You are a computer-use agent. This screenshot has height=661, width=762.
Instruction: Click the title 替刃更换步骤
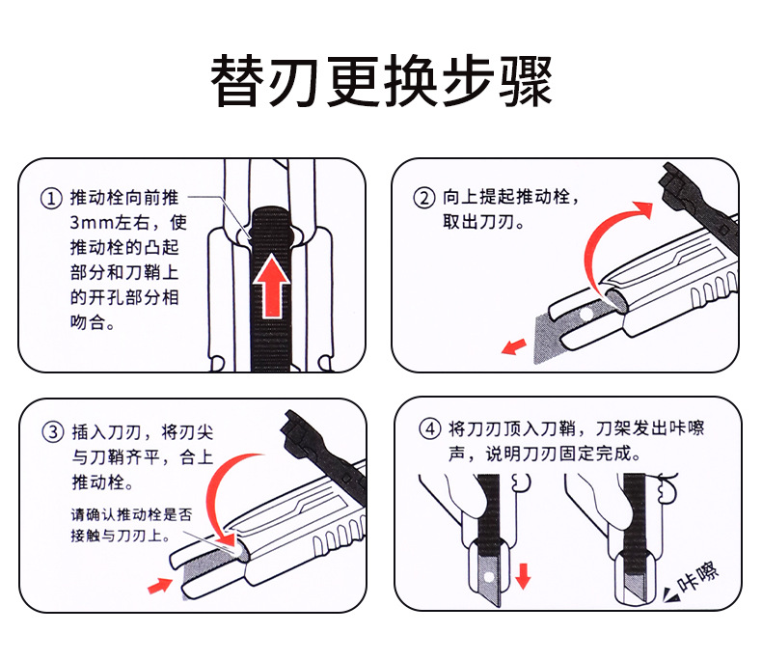click(381, 81)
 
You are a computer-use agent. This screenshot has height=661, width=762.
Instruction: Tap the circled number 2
click(424, 199)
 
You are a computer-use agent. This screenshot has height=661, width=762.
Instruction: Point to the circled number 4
click(429, 427)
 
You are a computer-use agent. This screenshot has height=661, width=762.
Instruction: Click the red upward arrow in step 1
click(273, 286)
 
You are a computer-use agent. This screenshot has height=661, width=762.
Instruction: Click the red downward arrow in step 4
click(523, 576)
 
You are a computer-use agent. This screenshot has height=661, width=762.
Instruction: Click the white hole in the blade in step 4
click(488, 576)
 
